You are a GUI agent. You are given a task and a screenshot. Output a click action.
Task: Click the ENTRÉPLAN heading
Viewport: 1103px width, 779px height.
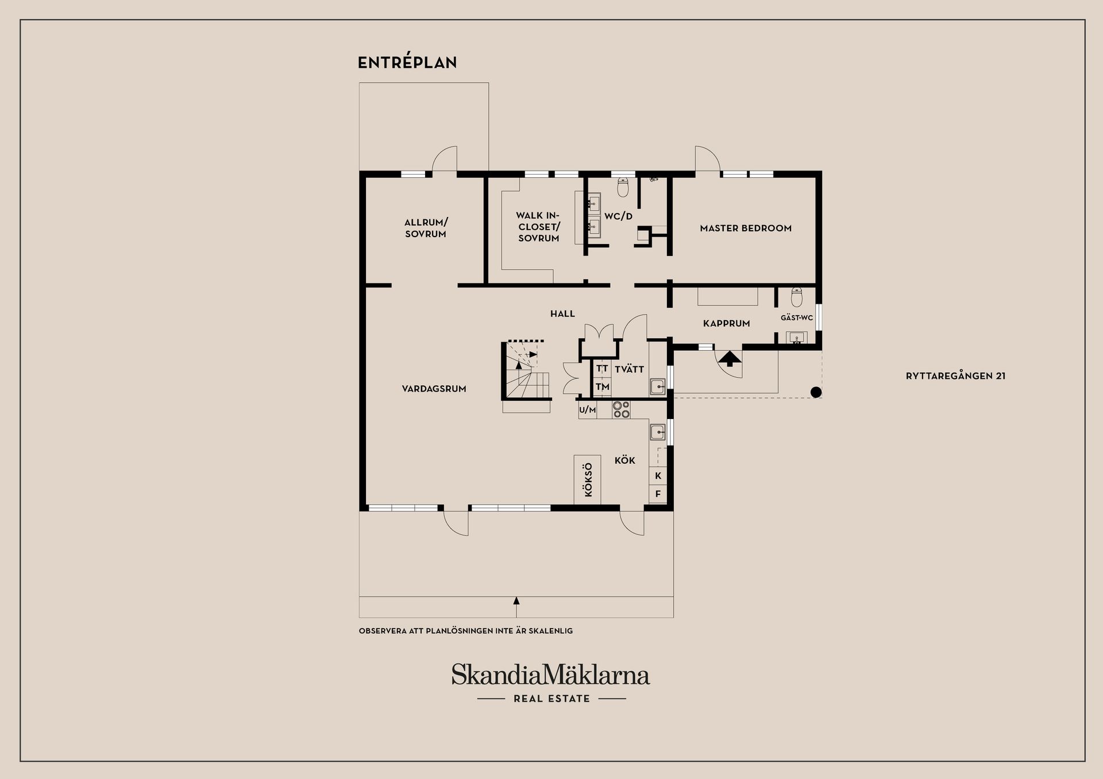tap(407, 63)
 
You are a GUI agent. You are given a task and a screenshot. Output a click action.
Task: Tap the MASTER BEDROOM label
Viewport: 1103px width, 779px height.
tap(745, 228)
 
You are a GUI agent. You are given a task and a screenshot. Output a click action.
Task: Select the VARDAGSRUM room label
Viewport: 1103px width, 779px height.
tap(434, 389)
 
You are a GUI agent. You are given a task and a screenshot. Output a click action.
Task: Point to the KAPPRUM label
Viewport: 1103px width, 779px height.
tap(726, 323)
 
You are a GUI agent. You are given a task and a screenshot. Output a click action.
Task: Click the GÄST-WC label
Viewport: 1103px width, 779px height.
tap(796, 317)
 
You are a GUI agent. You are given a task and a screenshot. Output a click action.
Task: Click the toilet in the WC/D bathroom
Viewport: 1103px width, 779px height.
tap(623, 187)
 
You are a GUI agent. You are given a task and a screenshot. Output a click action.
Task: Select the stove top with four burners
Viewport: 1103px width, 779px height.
tap(620, 409)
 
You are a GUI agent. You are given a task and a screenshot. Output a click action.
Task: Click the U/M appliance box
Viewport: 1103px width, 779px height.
tap(587, 410)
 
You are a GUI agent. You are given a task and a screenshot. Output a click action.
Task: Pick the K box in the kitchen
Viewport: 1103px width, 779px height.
tap(658, 475)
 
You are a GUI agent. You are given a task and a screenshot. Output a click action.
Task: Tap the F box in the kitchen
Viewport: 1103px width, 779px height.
tap(658, 494)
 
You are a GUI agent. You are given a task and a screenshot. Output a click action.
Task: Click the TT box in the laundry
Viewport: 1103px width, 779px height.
tap(601, 369)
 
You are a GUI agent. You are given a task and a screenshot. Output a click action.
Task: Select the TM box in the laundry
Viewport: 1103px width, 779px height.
tap(601, 387)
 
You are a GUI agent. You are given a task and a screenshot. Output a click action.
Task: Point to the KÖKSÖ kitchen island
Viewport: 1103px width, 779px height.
tap(587, 480)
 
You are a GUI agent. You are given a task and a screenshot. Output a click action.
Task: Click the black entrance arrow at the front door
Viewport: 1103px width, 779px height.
tap(730, 359)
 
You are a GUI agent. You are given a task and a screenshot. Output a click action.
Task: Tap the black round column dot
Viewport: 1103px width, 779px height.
tap(815, 392)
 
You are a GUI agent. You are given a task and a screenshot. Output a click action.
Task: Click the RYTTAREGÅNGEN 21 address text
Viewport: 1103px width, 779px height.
tap(955, 376)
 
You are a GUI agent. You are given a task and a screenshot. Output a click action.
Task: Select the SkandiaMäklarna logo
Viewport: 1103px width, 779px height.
tap(550, 675)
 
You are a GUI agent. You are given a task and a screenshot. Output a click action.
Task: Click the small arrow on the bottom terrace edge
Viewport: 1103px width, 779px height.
tap(516, 600)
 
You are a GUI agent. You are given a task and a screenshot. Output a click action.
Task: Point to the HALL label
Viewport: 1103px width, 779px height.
tap(562, 313)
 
